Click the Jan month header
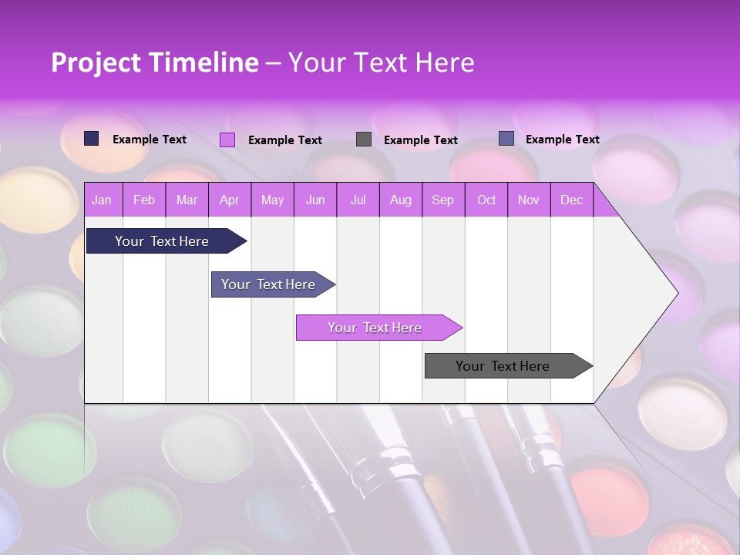pos(103,200)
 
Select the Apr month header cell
pos(230,200)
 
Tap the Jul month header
pos(358,200)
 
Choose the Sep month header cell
pos(443,200)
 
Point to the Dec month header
pos(571,200)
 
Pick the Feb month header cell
pos(144,200)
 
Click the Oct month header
pos(486,200)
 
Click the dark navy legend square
pos(92,139)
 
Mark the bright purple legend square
pos(227,140)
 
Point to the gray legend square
pos(364,140)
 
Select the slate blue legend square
pos(506,139)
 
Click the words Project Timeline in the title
pos(154,62)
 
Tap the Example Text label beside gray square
pos(420,140)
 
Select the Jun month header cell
pos(315,200)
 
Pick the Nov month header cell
pos(529,200)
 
